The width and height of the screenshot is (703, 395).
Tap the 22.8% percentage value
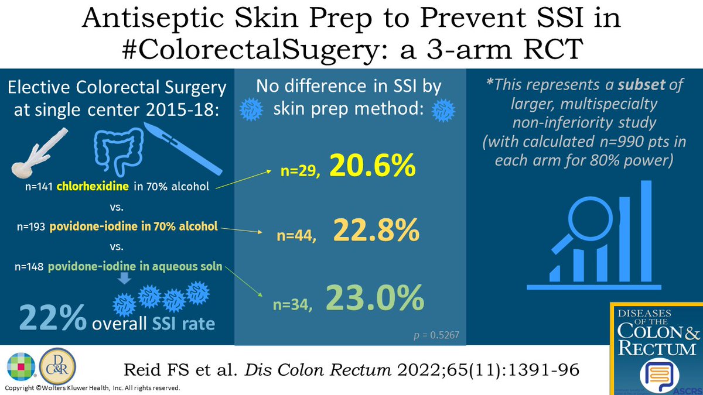click(377, 231)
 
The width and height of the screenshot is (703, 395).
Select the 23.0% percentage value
click(375, 298)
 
